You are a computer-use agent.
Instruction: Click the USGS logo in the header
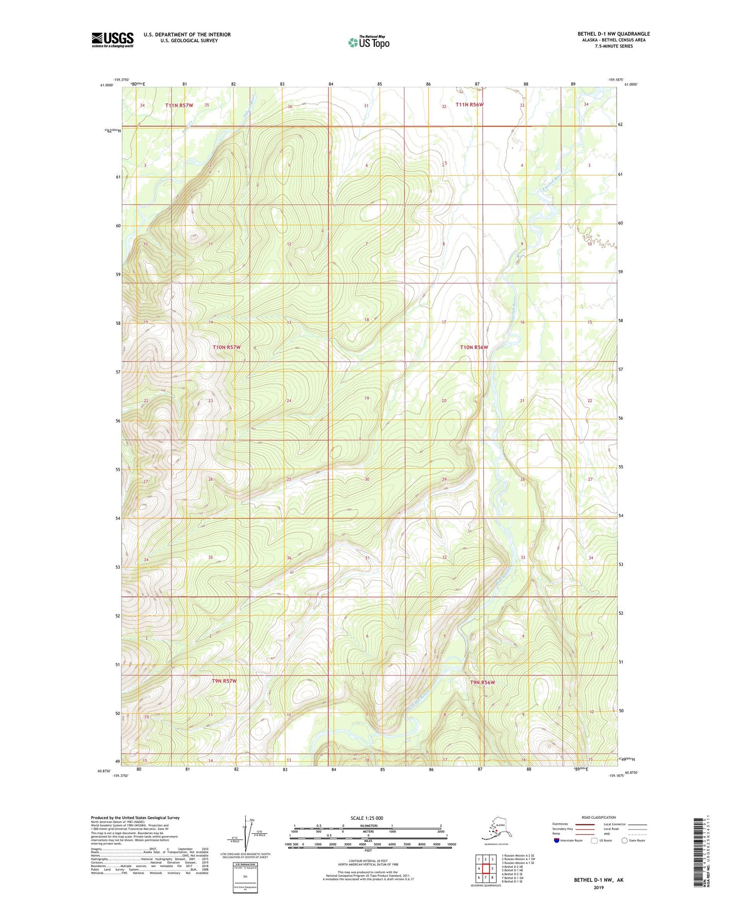coord(112,40)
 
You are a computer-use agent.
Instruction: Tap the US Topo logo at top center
coord(368,42)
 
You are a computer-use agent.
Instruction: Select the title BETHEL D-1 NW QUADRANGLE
coord(613,34)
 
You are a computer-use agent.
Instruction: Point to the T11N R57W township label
coord(179,105)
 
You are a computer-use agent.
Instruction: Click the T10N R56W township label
coord(473,347)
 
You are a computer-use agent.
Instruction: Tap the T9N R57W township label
coord(224,681)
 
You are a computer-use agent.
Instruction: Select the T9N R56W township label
coord(482,683)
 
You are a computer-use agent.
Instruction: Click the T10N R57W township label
coord(226,347)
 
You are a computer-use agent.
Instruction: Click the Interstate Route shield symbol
coord(557,841)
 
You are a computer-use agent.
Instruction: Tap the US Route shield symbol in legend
coord(595,841)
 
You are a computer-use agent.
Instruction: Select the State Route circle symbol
coord(625,841)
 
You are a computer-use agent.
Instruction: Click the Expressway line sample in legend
coord(585,824)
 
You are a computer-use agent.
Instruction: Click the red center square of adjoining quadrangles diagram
coord(485,868)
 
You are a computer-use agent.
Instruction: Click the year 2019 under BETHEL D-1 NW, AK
coord(599,887)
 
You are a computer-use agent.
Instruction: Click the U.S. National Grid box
coord(245,873)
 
